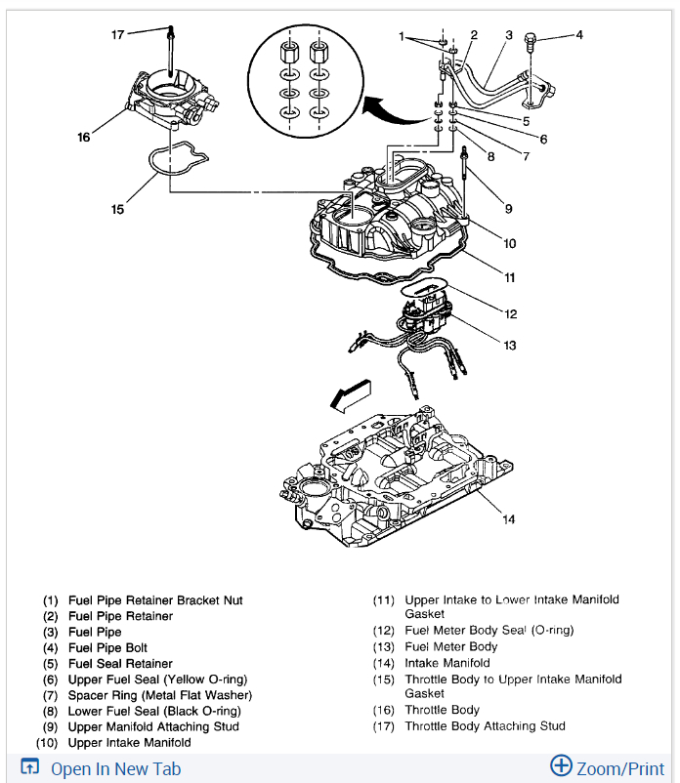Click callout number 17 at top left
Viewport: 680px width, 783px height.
(118, 34)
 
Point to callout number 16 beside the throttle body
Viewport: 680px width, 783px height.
(84, 137)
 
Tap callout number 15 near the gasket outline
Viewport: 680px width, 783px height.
(117, 208)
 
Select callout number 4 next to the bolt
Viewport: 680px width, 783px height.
(578, 35)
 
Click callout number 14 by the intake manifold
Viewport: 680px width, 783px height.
(508, 518)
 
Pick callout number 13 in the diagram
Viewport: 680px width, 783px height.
(509, 345)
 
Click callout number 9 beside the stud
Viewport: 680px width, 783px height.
(509, 208)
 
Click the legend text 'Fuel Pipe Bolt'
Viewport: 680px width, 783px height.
(108, 648)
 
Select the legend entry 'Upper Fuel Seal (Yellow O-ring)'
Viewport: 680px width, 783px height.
(157, 680)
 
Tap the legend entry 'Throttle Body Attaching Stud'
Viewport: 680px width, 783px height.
(485, 725)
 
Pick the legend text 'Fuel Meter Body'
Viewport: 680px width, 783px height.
(450, 646)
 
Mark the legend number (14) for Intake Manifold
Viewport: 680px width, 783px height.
(384, 663)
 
